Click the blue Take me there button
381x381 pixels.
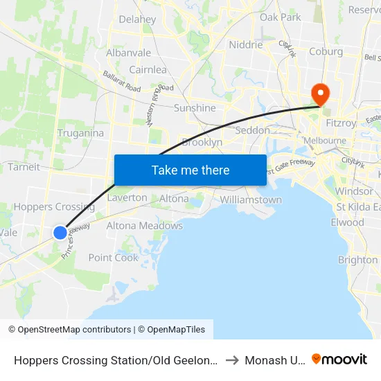coord(190,170)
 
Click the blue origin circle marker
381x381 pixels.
coord(60,232)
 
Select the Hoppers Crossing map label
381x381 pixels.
coord(54,206)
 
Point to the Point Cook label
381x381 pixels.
coord(114,258)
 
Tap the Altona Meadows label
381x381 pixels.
coord(145,226)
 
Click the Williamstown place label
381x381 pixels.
coord(251,200)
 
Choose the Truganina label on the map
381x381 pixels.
coord(80,133)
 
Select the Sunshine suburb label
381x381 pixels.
coord(195,108)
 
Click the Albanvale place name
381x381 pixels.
coord(128,53)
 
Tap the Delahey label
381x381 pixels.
coord(137,19)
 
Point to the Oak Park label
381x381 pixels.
coord(281,17)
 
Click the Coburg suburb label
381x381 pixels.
coord(326,51)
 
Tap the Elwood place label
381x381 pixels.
coord(347,222)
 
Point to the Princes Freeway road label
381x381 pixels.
coord(76,242)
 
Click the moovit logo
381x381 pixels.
coord(339,359)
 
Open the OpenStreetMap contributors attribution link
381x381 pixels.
coord(74,330)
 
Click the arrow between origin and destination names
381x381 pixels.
coord(231,360)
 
